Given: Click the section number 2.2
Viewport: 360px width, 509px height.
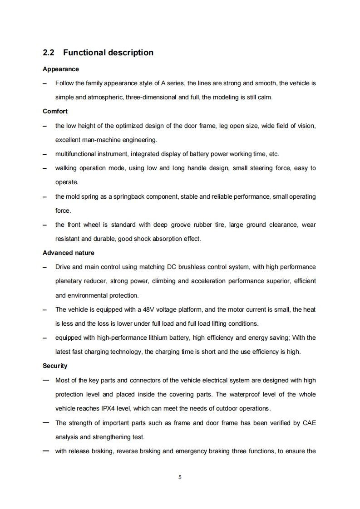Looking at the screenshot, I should tap(48, 53).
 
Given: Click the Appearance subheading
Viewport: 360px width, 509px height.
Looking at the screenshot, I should tap(60, 69).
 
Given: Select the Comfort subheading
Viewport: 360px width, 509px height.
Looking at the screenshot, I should tap(55, 111).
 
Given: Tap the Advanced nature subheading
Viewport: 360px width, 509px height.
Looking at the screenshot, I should tap(68, 253).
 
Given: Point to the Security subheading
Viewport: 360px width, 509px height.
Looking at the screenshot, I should tap(54, 366).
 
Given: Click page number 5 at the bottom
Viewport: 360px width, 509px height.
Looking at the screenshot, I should tap(180, 477).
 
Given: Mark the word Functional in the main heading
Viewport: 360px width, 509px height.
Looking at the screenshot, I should tap(84, 53).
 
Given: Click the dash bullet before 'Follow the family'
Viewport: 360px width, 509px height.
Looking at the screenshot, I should tap(45, 83).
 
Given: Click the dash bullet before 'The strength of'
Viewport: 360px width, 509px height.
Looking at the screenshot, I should tap(46, 423).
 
